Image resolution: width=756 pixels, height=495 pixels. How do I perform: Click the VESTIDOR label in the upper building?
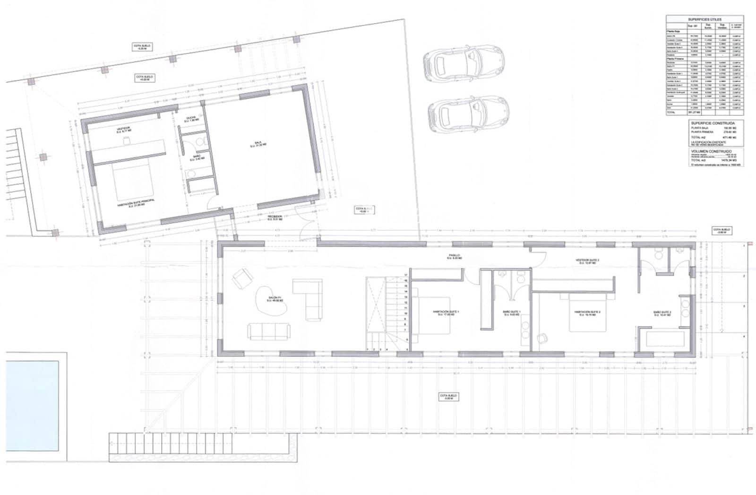point(124,129)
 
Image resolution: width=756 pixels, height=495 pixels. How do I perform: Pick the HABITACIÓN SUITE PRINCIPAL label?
point(137,203)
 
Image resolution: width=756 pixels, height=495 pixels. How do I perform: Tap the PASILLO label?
point(455,257)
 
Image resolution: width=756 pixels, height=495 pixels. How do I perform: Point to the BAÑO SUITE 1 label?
point(512,313)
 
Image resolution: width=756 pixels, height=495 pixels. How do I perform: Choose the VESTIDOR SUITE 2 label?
point(587,261)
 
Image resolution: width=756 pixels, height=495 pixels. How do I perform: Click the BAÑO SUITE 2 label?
point(662,313)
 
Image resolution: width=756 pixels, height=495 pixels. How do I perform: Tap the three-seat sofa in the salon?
point(269,331)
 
